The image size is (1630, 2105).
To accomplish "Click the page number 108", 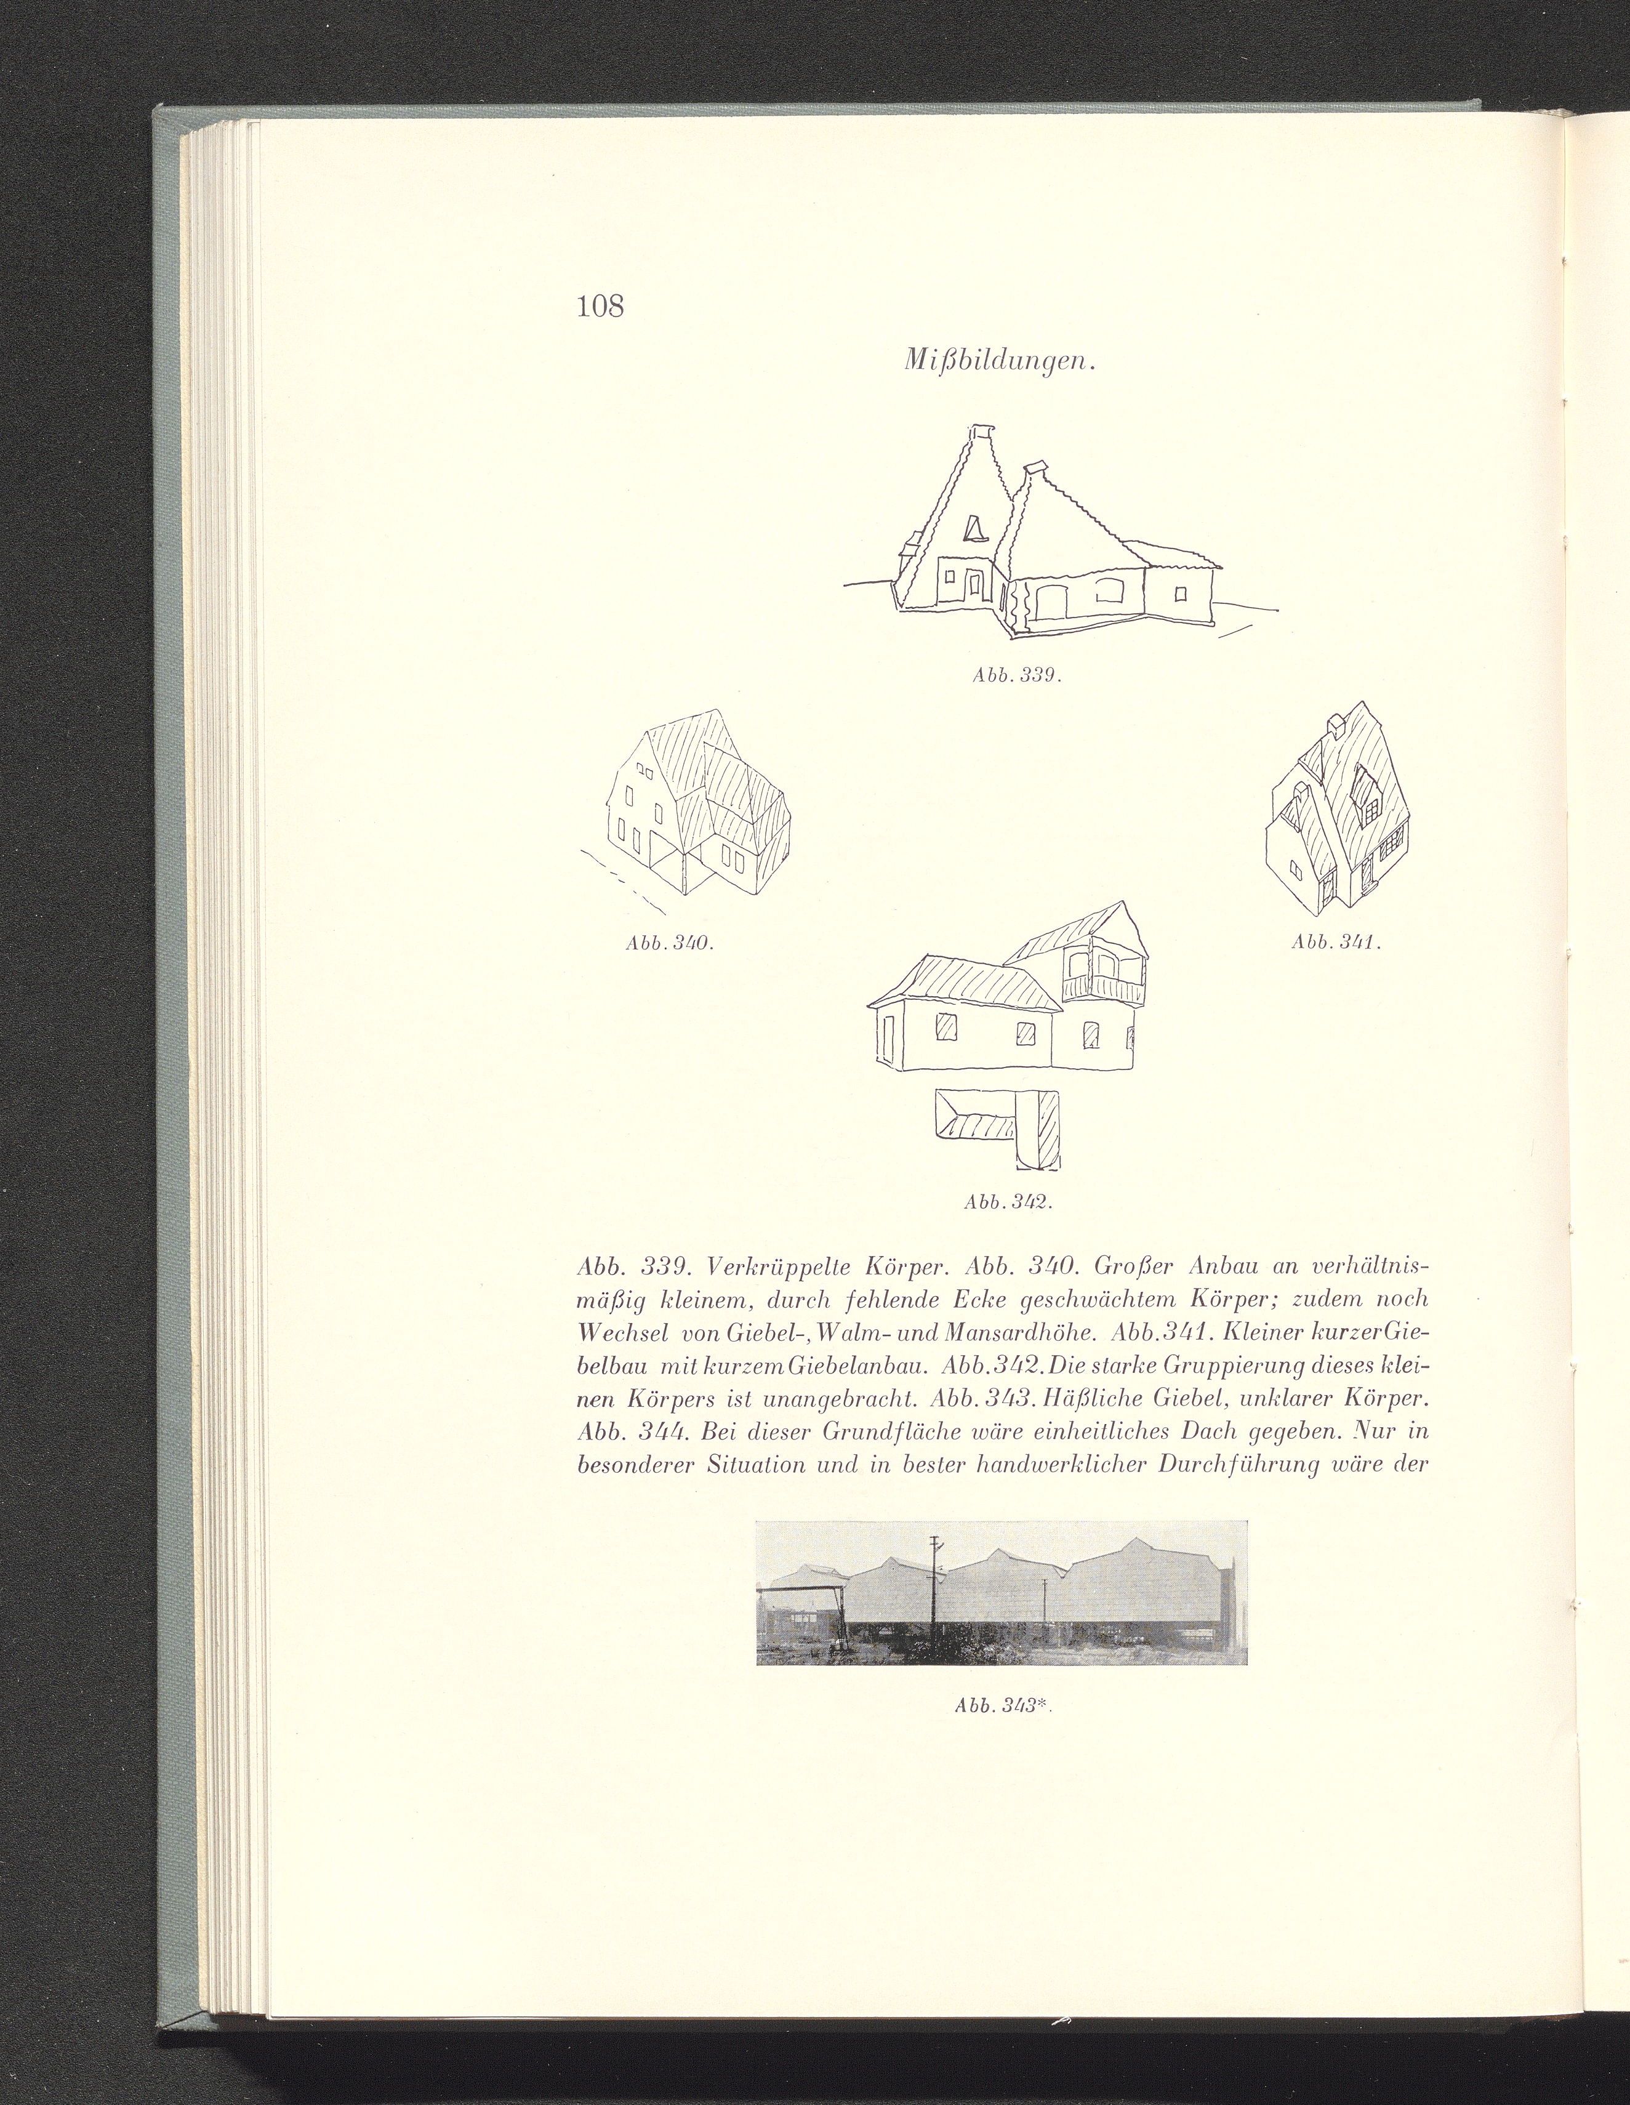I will pos(600,307).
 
